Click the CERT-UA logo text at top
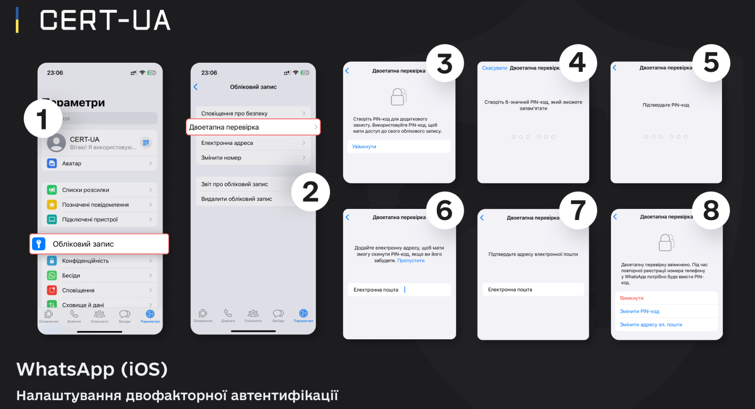click(105, 21)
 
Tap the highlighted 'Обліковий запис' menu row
click(99, 244)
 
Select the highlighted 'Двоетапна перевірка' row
click(253, 127)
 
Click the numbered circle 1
click(43, 119)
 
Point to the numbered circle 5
click(711, 63)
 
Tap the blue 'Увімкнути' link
click(364, 147)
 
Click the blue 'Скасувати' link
click(494, 68)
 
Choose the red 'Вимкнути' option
click(632, 298)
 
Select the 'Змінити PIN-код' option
click(640, 312)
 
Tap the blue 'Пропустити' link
click(411, 260)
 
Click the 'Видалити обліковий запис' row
click(236, 199)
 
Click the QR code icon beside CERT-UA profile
click(146, 143)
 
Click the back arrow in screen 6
click(347, 217)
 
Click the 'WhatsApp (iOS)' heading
click(92, 370)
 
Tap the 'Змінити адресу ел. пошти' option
click(651, 325)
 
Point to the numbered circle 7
click(578, 210)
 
